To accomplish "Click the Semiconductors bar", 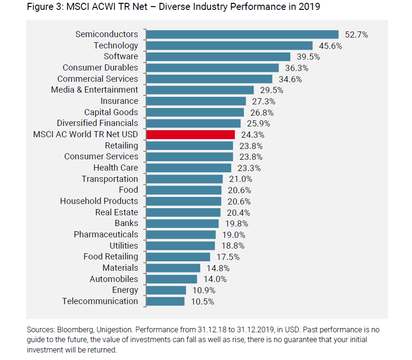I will tap(242, 34).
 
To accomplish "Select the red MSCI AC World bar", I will tap(191, 134).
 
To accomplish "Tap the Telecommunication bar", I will tap(165, 301).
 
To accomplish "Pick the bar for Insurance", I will tap(196, 101).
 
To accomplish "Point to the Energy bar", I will tap(166, 290).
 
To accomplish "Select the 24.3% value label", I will tap(252, 135).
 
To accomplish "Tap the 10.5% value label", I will tap(202, 302).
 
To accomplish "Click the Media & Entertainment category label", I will tap(94, 90).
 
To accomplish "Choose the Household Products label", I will tap(99, 201).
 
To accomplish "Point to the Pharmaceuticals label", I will tap(106, 235).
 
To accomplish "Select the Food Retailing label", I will tap(111, 257).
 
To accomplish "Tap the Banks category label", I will tap(126, 223).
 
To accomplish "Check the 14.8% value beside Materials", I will tap(218, 268).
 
